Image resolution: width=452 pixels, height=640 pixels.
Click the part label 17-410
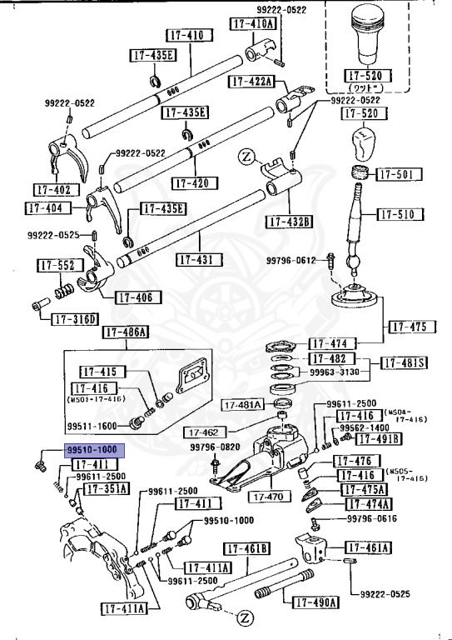(186, 37)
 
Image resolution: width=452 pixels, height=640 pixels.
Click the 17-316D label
(75, 319)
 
